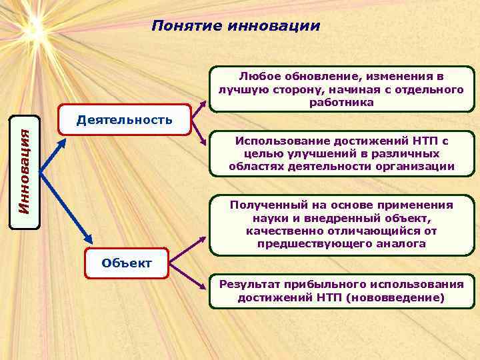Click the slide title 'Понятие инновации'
(235, 26)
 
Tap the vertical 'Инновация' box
(25, 172)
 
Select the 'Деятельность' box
(125, 120)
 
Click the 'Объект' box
(127, 263)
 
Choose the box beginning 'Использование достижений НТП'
(341, 153)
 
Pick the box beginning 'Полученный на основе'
(341, 225)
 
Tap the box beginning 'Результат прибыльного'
(341, 291)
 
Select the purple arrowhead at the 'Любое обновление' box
(205, 103)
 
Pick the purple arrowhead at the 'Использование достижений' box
(205, 141)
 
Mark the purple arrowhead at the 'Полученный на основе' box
(205, 238)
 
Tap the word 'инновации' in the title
(274, 26)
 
